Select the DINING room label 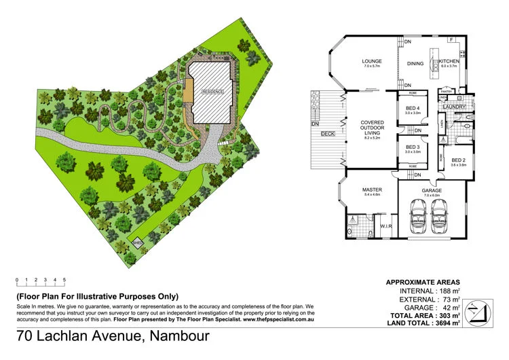(415, 64)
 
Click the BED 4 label (413, 109)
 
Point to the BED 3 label (413, 147)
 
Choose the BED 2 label (454, 160)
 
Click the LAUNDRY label (453, 107)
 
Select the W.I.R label (384, 226)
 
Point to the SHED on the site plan (138, 242)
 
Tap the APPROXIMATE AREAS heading (422, 282)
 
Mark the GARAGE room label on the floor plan (432, 190)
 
